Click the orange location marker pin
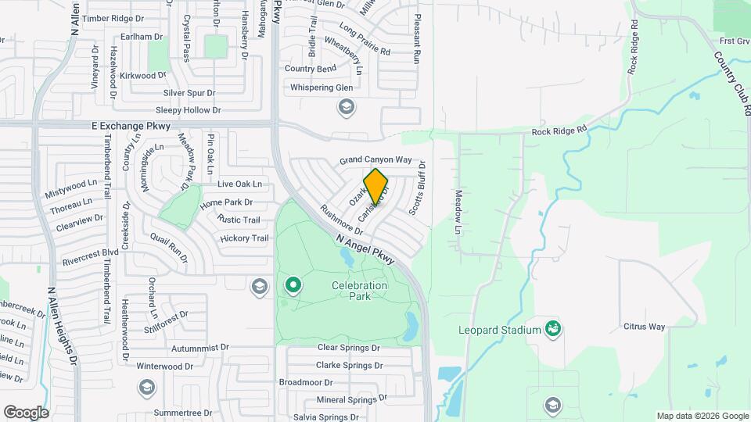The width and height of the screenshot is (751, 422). point(376,187)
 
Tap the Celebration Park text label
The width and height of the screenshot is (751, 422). point(359,291)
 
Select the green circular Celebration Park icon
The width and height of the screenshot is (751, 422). point(293,285)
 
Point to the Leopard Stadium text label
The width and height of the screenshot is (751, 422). point(500,330)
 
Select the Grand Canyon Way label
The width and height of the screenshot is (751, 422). point(375,160)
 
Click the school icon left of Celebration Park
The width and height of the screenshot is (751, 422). point(259,288)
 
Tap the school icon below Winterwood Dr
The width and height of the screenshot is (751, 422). point(146,387)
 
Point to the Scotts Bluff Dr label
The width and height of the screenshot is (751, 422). point(417,188)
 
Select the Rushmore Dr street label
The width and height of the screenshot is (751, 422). point(342,220)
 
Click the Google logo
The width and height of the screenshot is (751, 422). point(26,412)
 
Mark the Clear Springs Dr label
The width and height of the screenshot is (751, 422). point(348,348)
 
